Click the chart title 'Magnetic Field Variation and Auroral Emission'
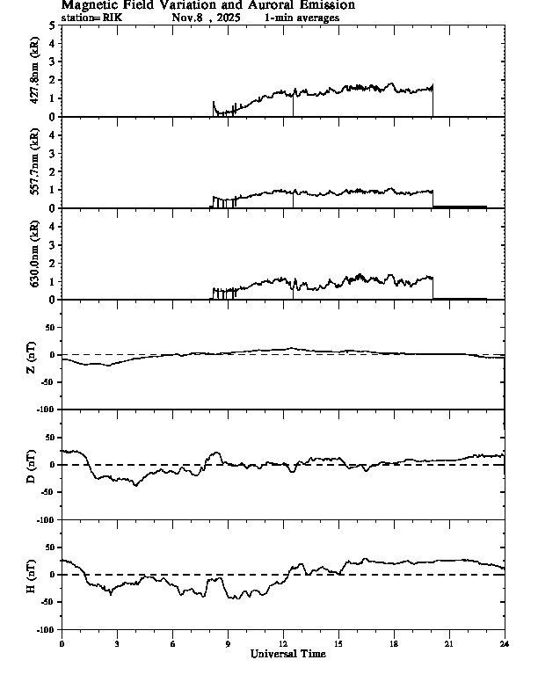(207, 5)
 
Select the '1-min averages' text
(302, 17)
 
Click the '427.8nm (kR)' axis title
(35, 71)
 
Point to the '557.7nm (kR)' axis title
(35, 163)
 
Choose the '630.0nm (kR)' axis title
(35, 255)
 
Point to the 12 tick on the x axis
(283, 644)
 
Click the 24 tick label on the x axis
(504, 644)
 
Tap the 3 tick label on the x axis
(117, 644)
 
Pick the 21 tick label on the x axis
(448, 644)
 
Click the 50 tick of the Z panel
(48, 327)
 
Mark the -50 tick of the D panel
(47, 492)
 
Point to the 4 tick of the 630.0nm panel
(53, 226)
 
